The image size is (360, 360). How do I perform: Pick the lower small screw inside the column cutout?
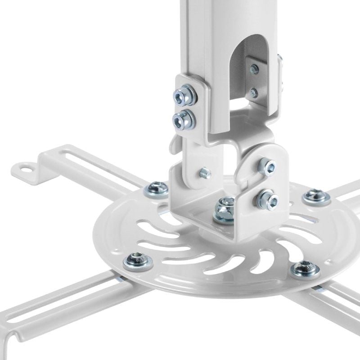tap(254, 93)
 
